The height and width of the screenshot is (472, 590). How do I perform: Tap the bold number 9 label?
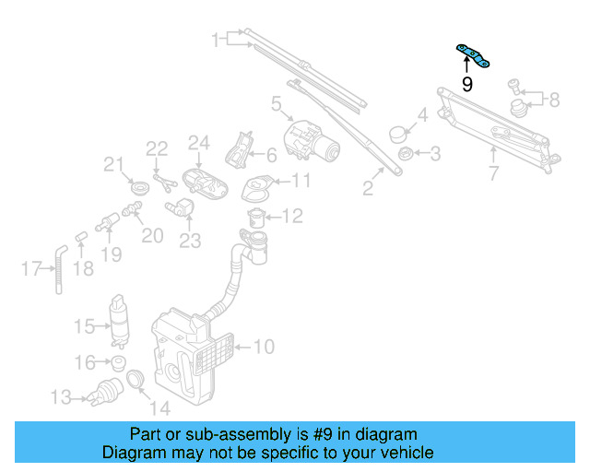point(466,85)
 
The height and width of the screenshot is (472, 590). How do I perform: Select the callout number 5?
point(277,105)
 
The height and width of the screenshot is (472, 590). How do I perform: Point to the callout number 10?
point(264,348)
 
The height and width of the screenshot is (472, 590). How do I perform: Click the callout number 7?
point(493,172)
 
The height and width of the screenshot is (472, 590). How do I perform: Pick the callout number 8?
point(553,100)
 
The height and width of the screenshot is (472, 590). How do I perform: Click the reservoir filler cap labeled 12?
point(257,218)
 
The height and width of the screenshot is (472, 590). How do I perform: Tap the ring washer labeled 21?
point(139,189)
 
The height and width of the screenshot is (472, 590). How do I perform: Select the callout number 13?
point(61,397)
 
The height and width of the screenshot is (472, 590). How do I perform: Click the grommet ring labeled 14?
point(134,379)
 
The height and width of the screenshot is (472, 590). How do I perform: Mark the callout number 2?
point(368,189)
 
